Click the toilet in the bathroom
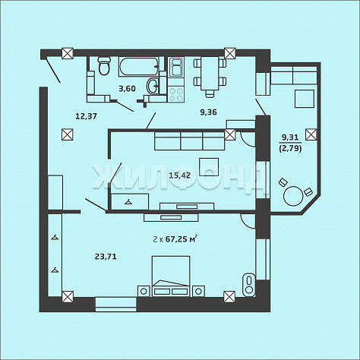pos(104,66)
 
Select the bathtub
pos(139,67)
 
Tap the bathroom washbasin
pos(153,86)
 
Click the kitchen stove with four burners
pos(176,94)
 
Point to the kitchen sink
pos(176,67)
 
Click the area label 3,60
pos(128,89)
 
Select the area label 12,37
pos(87,116)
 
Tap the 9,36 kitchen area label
pos(209,112)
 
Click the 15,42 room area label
pos(180,175)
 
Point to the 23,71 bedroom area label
pos(106,257)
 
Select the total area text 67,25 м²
pos(181,238)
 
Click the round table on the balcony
pos(293,196)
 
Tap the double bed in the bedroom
pos(171,276)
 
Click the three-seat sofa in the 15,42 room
pos(190,141)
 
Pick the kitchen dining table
pos(210,73)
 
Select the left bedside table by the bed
pos(144,291)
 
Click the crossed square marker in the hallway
pos(68,134)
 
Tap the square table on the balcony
pos(305,98)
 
